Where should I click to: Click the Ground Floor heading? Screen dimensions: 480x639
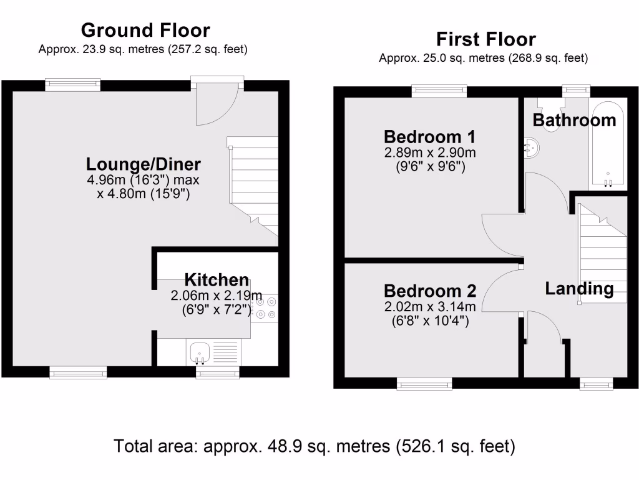pyautogui.click(x=145, y=30)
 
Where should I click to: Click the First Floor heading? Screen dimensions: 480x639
pyautogui.click(x=485, y=39)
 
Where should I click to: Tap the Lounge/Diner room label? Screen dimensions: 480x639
pyautogui.click(x=144, y=164)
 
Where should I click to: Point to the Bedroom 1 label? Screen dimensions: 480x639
pyautogui.click(x=430, y=136)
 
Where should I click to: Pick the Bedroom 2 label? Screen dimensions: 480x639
pyautogui.click(x=430, y=291)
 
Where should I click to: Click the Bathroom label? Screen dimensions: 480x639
pyautogui.click(x=574, y=120)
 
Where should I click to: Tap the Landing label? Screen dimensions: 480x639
pyautogui.click(x=579, y=289)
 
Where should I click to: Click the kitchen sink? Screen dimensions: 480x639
pyautogui.click(x=199, y=352)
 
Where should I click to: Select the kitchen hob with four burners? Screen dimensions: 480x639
pyautogui.click(x=266, y=308)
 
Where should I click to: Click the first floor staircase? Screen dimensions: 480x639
pyautogui.click(x=602, y=253)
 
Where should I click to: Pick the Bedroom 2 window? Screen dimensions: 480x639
pyautogui.click(x=425, y=382)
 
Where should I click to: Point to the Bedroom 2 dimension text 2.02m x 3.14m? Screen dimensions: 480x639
pyautogui.click(x=430, y=306)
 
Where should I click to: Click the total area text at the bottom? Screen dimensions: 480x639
pyautogui.click(x=315, y=447)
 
